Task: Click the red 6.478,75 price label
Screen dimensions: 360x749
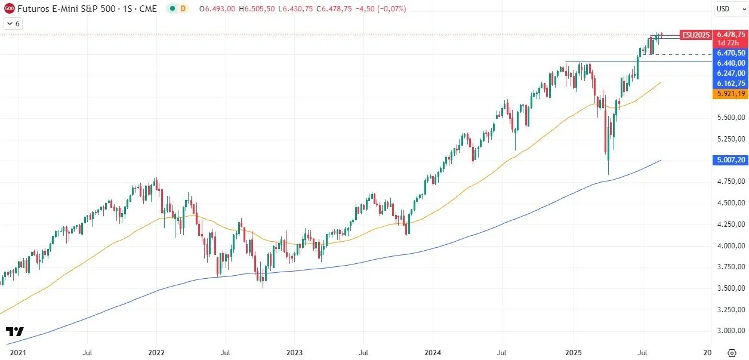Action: click(731, 35)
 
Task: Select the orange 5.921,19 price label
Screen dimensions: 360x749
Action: click(731, 94)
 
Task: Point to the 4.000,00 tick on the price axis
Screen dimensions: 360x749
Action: click(731, 245)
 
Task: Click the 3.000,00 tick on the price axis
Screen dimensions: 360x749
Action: click(731, 331)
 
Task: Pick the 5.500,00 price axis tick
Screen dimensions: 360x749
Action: click(731, 118)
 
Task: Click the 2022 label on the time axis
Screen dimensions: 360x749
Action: click(156, 353)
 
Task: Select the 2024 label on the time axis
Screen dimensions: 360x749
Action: click(433, 353)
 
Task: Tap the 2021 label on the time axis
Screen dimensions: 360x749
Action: click(19, 353)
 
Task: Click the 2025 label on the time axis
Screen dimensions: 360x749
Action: click(573, 353)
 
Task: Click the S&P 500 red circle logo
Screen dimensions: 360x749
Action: click(9, 9)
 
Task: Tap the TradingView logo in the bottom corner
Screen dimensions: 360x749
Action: click(15, 331)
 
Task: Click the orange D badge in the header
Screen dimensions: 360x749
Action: click(183, 9)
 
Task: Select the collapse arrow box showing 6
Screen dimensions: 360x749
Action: click(13, 23)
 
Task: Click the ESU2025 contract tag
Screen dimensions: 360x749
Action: click(696, 35)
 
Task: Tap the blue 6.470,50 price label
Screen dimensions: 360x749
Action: click(731, 53)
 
